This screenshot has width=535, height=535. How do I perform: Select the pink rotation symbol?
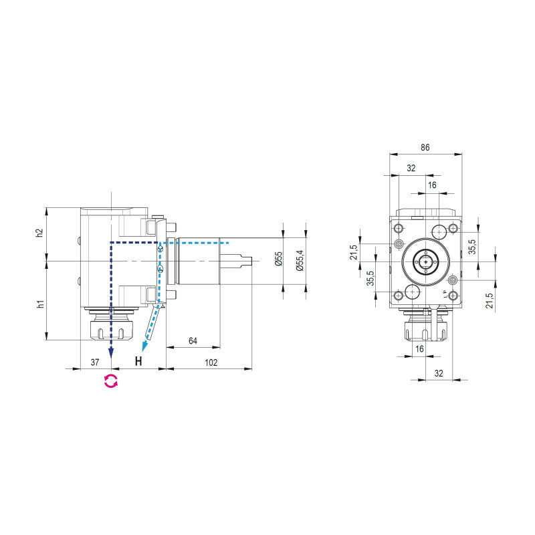tap(110, 381)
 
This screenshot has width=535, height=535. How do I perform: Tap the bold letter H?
tap(138, 362)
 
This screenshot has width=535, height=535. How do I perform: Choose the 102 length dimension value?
tap(211, 362)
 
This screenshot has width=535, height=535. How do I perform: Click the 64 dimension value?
tap(193, 341)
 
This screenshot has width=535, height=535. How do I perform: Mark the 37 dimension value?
tap(95, 362)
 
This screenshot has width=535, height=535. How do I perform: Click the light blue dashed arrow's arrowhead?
tap(144, 346)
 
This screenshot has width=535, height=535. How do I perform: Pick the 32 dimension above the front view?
tap(411, 169)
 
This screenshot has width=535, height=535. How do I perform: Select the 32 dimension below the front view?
tap(439, 373)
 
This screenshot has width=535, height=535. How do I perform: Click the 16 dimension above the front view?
tap(432, 185)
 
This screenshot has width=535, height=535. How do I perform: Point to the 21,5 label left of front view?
tap(354, 251)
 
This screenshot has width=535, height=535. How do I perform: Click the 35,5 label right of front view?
tap(471, 247)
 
